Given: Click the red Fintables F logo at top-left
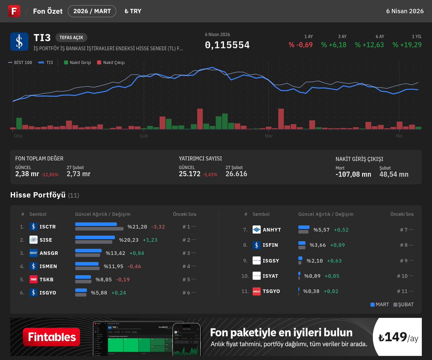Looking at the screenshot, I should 14,11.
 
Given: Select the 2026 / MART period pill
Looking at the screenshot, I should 92,11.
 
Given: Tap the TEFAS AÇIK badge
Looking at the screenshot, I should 71,38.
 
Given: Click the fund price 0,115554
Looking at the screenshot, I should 227,45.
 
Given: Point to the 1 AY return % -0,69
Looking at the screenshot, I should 301,45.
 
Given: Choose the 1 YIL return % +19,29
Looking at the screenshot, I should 407,45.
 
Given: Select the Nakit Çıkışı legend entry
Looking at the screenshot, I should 111,63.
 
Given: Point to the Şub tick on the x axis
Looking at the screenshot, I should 144,136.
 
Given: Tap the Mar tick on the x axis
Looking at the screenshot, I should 269,136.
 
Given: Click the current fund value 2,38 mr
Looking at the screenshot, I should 27,174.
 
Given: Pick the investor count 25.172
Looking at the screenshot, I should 189,174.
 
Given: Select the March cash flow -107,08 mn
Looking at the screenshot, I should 353,174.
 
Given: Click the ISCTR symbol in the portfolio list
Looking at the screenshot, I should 48,227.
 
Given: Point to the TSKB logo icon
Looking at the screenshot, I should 33,279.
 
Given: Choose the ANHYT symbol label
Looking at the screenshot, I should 272,230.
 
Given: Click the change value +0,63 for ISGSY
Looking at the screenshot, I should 334,261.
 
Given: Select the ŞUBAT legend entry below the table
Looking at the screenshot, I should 404,305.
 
